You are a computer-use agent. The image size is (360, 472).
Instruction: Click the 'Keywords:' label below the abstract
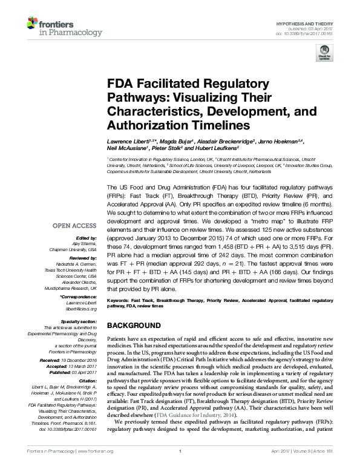pos(119,300)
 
